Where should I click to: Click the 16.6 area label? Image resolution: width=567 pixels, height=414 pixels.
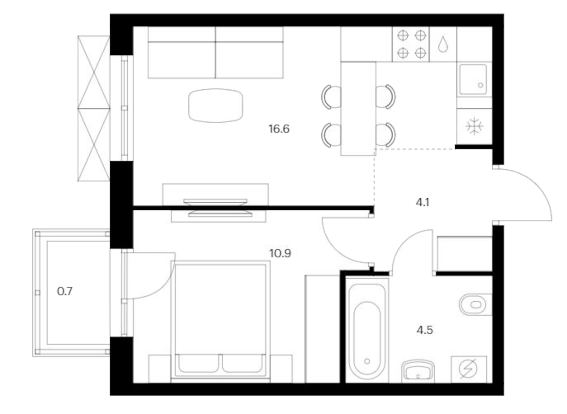(279, 129)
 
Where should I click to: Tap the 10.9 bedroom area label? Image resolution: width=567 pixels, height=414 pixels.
(280, 253)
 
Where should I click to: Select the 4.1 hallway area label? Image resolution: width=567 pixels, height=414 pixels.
(422, 202)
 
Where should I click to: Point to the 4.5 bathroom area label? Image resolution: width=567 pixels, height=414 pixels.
(424, 330)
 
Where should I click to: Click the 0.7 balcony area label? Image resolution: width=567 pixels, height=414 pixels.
(65, 292)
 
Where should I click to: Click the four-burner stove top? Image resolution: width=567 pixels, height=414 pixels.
(411, 44)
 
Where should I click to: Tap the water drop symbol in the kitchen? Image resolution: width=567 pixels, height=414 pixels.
(443, 44)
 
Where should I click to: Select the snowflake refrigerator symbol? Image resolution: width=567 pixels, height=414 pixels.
(474, 127)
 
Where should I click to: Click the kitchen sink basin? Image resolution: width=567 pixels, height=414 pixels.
(473, 80)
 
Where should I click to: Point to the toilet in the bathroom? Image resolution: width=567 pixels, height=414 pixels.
(474, 304)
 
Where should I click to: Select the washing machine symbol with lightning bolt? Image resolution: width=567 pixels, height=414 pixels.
(468, 369)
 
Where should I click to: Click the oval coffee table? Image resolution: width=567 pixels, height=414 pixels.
(216, 105)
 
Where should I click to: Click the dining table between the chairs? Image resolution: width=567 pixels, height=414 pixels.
(358, 109)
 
